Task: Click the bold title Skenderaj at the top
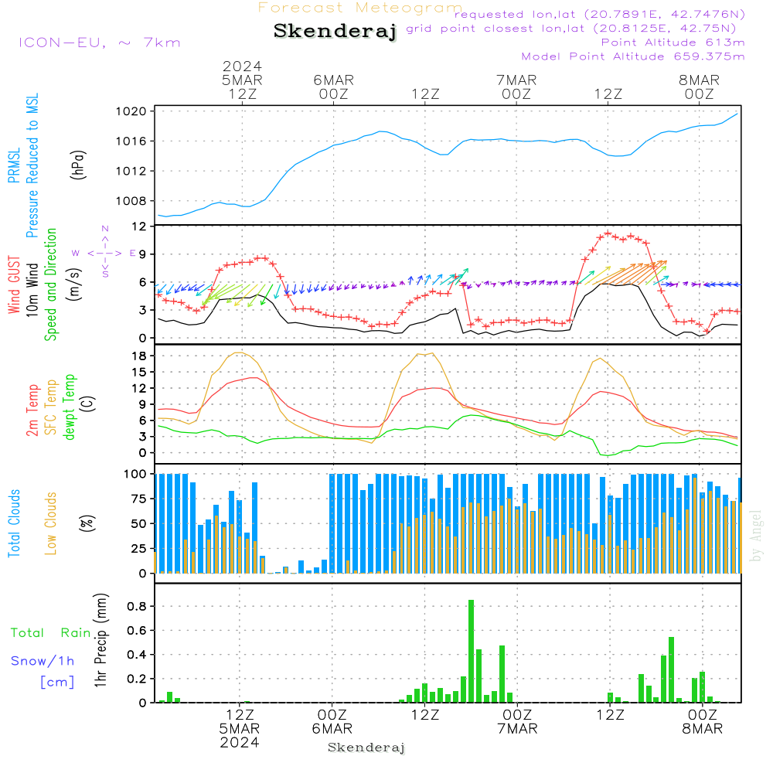click(335, 32)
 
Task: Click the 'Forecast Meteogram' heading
click(360, 8)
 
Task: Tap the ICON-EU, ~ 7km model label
click(99, 42)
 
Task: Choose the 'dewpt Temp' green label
click(70, 407)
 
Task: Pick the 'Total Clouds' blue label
click(14, 523)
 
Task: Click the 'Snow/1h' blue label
click(43, 661)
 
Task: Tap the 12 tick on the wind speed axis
click(140, 226)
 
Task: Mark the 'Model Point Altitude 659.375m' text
click(633, 56)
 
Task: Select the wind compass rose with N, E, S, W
click(104, 252)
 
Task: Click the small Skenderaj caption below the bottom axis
click(366, 747)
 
